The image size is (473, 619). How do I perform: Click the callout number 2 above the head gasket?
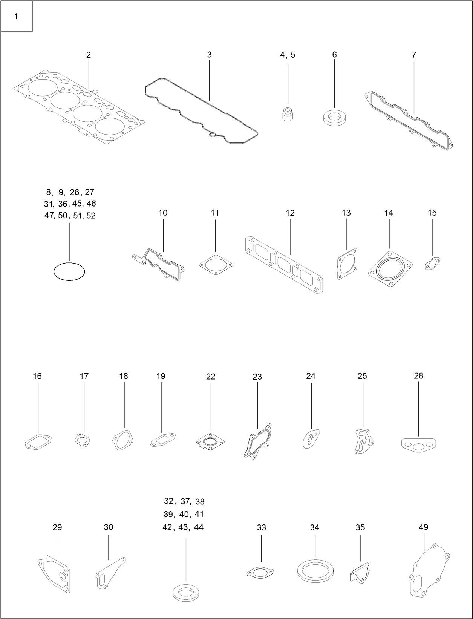(x=89, y=55)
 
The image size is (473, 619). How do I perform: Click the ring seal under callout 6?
(x=334, y=117)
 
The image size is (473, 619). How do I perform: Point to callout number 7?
(x=414, y=55)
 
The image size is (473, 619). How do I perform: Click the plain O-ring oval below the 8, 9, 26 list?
(x=69, y=271)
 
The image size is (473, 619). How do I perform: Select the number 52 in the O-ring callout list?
(x=91, y=216)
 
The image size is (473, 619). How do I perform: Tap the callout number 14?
(x=389, y=213)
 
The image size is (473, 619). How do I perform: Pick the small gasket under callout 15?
(x=432, y=264)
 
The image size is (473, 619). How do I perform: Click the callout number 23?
(x=257, y=377)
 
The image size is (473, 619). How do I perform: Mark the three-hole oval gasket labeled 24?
(x=311, y=438)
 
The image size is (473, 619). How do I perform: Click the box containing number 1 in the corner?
(x=16, y=16)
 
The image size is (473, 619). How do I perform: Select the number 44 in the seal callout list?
(x=199, y=527)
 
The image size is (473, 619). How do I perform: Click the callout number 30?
(x=109, y=527)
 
